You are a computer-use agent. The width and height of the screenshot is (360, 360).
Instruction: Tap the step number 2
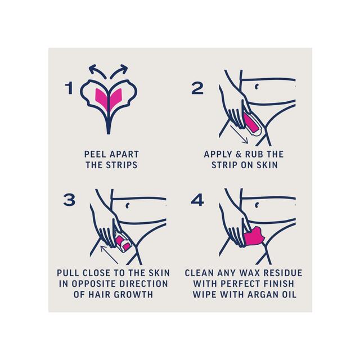pos(197,88)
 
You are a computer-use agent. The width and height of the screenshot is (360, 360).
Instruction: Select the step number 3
pos(69,200)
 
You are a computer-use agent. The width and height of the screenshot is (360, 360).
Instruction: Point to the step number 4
pos(197,200)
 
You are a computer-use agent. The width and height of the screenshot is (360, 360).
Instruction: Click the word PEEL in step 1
pos(94,154)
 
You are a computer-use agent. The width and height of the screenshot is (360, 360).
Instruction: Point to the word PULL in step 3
pos(69,272)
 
